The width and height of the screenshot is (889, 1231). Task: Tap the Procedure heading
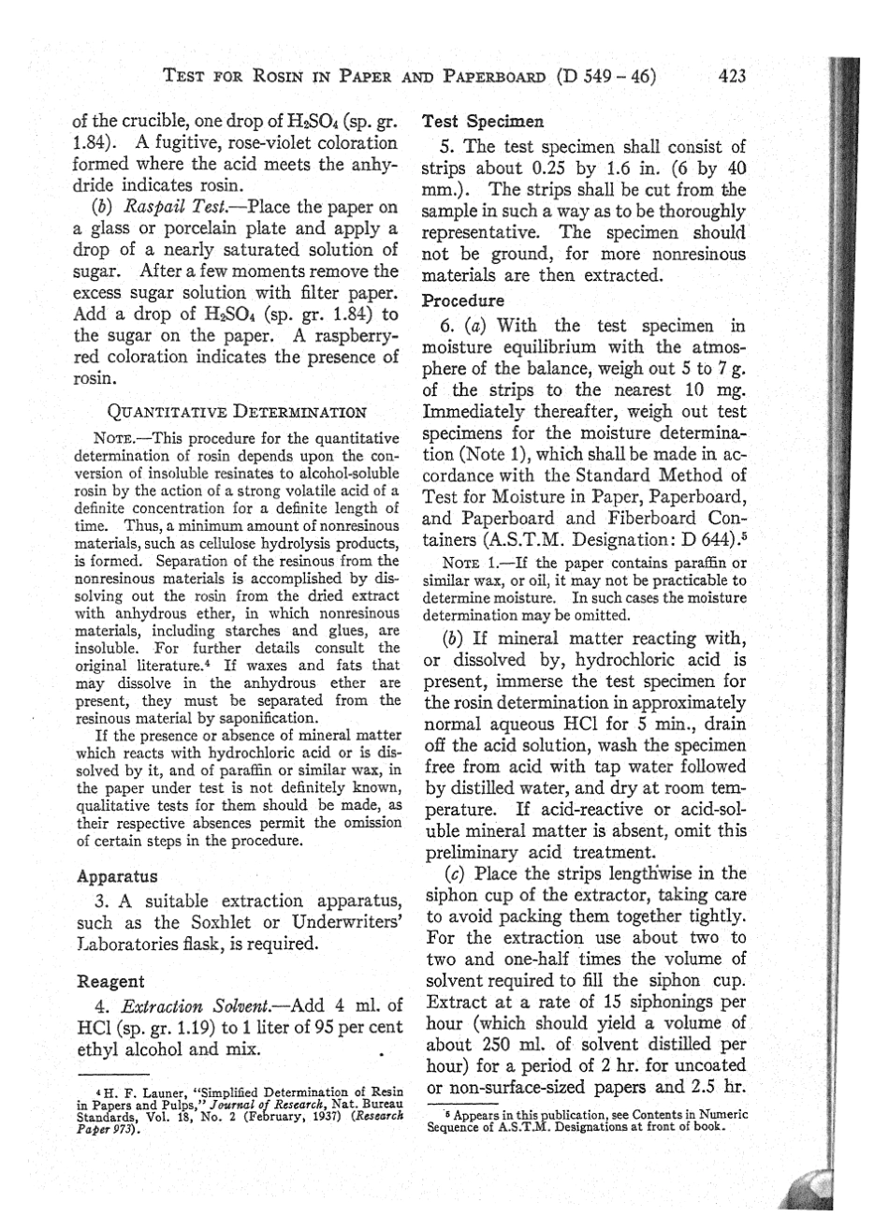(x=465, y=302)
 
